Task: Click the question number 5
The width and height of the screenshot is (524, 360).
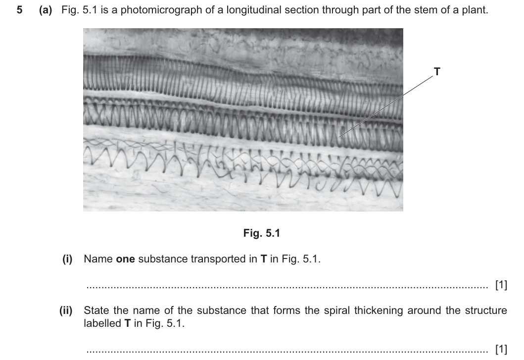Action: (20, 10)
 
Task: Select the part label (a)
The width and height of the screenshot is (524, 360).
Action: (46, 10)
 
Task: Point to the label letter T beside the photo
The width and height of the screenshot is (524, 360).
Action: (437, 71)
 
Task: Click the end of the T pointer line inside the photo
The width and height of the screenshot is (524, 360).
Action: (339, 137)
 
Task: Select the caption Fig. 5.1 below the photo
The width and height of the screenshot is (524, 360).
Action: (261, 233)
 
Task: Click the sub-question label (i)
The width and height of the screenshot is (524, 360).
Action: (67, 259)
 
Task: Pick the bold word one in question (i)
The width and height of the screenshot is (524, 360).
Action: (125, 259)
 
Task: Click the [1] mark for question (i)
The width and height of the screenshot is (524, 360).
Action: (501, 285)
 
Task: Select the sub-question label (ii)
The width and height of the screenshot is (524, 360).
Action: (66, 310)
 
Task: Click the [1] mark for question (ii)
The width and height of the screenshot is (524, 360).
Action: (501, 349)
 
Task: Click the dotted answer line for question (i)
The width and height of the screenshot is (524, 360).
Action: (287, 287)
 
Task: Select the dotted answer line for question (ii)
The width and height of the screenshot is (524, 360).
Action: (287, 351)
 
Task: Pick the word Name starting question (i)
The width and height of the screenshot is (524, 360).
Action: (98, 259)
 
